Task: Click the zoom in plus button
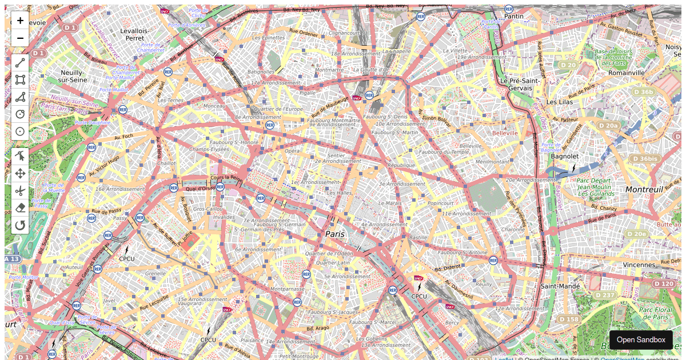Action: tap(20, 21)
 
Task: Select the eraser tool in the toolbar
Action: tap(20, 207)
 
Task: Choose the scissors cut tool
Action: tap(20, 190)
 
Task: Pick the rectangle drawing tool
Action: tap(20, 80)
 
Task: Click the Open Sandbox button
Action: tap(640, 339)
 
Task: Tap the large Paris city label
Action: tap(335, 234)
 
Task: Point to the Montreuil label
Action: tap(644, 189)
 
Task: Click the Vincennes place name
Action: tap(639, 265)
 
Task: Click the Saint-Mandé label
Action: tap(560, 286)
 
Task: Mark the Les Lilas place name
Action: tap(559, 102)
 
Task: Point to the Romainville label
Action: tap(627, 73)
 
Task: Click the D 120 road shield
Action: tap(663, 283)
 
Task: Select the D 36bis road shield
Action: tap(645, 158)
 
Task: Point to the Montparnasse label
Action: tap(289, 289)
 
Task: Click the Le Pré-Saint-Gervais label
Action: tap(520, 85)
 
